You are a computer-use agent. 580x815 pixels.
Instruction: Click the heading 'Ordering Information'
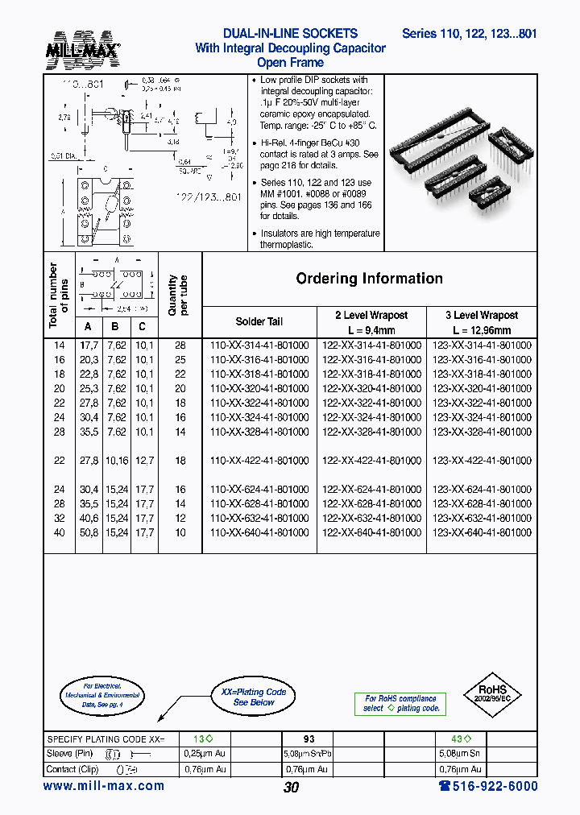(x=369, y=279)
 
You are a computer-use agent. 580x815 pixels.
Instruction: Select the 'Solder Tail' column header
(x=259, y=321)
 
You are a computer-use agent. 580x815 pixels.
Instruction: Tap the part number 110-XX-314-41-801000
(x=259, y=345)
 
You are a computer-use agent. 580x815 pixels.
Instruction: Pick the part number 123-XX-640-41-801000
(x=483, y=533)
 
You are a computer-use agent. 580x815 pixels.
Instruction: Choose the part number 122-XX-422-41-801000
(x=371, y=461)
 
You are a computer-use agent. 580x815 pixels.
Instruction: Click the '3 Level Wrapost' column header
(x=482, y=316)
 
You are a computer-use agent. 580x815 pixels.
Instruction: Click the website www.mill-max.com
(x=103, y=786)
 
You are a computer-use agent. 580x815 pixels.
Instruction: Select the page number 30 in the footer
(x=291, y=788)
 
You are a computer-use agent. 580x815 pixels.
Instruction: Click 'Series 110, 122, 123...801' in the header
(x=469, y=34)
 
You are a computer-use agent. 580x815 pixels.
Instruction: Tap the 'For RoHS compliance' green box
(x=400, y=703)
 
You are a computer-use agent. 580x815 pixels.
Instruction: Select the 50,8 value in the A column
(x=89, y=533)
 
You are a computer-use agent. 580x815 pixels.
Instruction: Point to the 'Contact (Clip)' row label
(x=74, y=769)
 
